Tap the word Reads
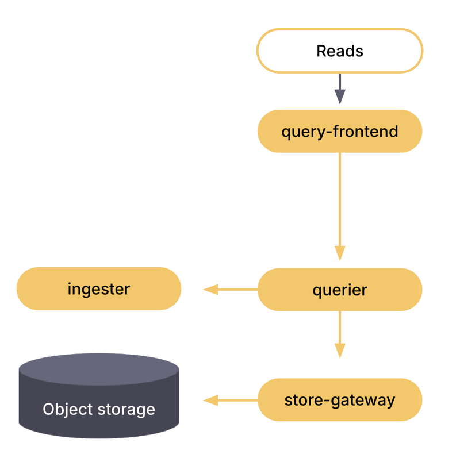click(340, 51)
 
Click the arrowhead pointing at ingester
click(210, 290)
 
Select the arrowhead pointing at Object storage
click(210, 399)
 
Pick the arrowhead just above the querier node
click(340, 253)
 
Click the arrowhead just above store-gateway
click(340, 351)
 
